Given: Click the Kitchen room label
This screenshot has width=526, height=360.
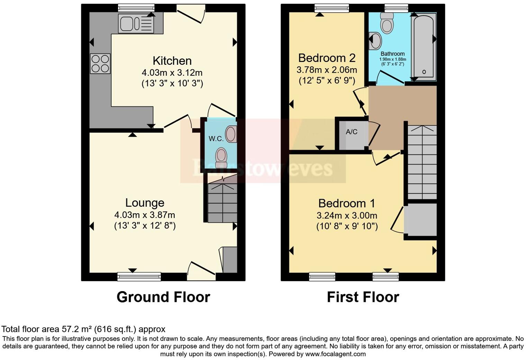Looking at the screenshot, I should [172, 61].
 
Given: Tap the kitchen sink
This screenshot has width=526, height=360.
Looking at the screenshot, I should [136, 24].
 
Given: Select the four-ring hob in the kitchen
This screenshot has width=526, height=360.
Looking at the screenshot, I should [100, 64].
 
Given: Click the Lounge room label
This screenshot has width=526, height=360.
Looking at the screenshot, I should [145, 203].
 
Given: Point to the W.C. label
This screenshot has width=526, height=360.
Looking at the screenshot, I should [216, 139].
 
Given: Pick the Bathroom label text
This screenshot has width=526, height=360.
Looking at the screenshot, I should [392, 54].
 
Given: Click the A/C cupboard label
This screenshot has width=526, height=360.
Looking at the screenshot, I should [352, 132].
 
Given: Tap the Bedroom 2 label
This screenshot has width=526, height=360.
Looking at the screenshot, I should [327, 58].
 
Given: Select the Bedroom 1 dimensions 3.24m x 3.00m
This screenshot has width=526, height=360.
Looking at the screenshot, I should [347, 216].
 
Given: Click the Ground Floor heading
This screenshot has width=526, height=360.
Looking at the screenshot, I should [163, 297].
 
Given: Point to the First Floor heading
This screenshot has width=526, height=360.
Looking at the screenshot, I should [363, 297].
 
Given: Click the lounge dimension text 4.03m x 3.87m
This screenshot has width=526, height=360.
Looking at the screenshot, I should [145, 215].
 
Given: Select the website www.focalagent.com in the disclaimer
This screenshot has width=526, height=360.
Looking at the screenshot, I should [335, 354].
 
